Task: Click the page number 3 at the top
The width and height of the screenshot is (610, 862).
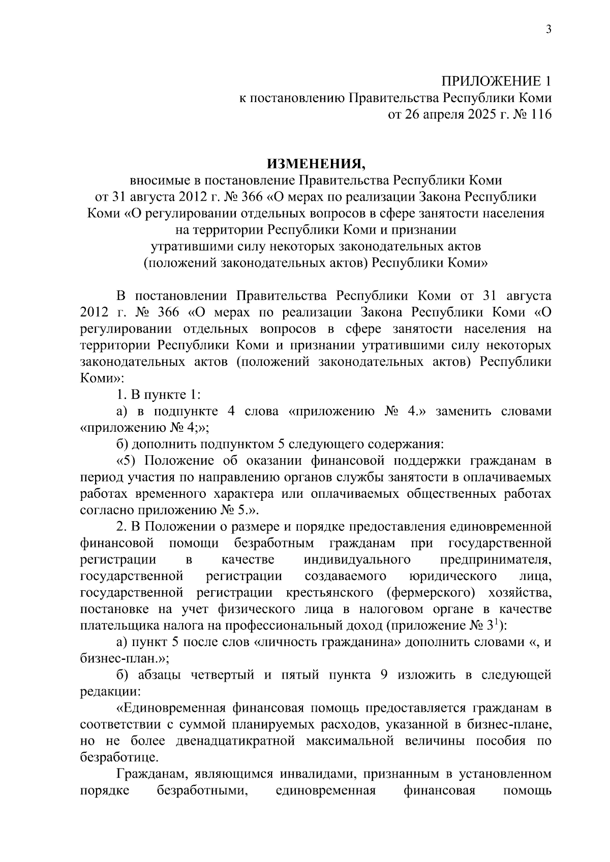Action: (548, 29)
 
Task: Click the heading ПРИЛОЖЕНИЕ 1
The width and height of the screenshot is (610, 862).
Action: (496, 81)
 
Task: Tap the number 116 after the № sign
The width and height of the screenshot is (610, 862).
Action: (540, 115)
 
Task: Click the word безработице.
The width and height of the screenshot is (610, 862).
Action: (119, 757)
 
